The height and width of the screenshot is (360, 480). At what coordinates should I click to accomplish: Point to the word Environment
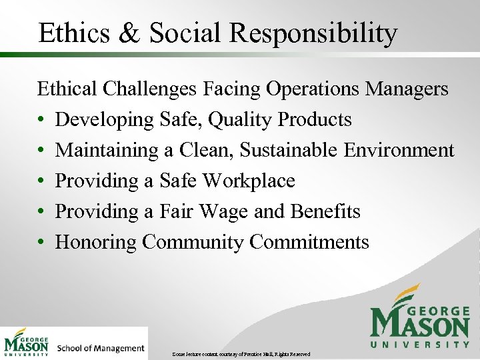[399, 151]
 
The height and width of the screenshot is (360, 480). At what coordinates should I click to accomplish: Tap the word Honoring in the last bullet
[96, 242]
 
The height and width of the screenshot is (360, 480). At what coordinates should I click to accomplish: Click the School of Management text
[101, 348]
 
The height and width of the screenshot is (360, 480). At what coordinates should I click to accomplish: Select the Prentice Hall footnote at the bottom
[241, 353]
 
